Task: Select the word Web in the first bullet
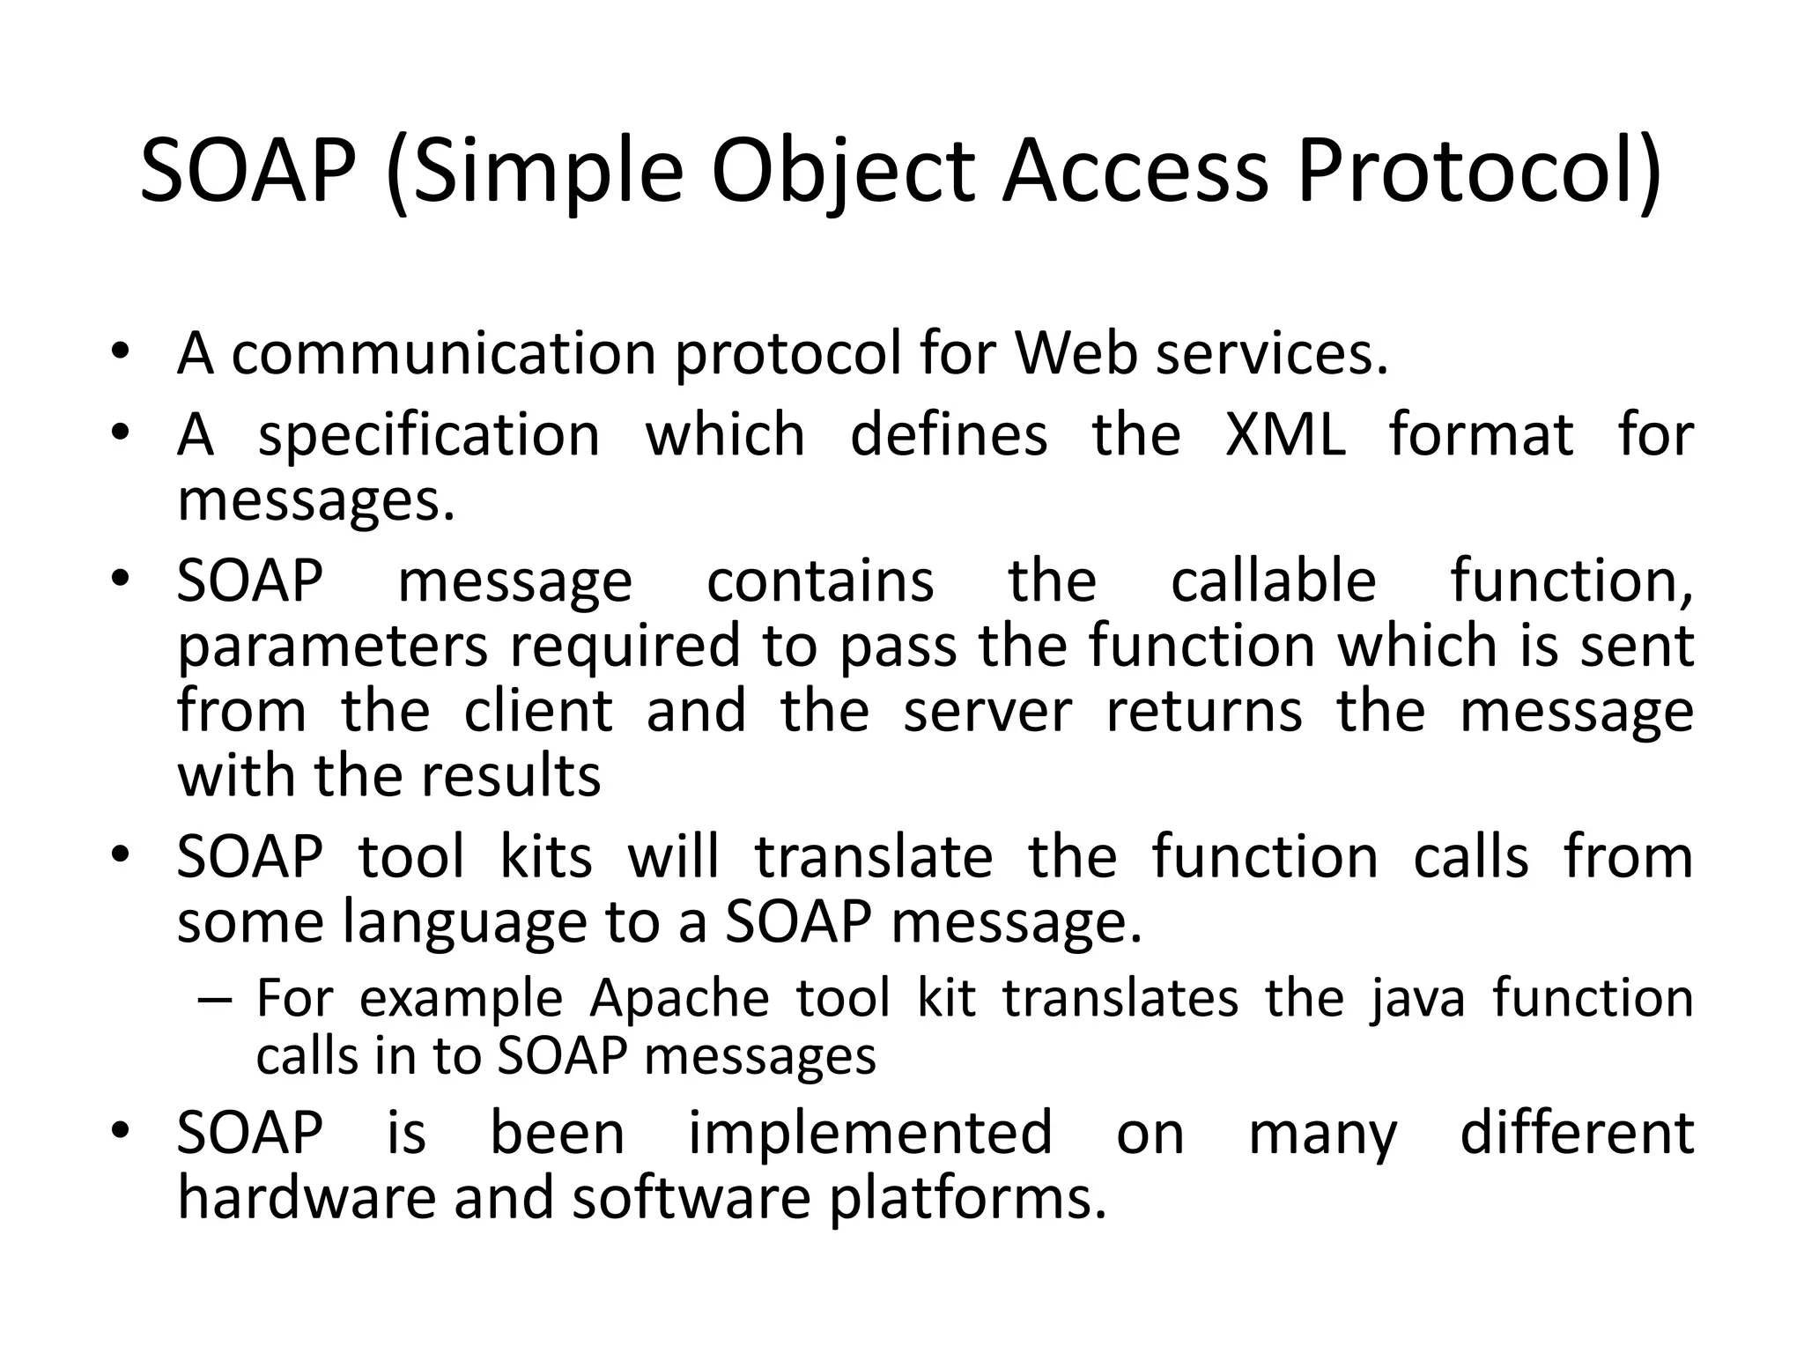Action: tap(1076, 353)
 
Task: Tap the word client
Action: tap(538, 711)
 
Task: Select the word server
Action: tap(987, 713)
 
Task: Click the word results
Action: tap(511, 776)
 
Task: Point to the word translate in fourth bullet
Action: tap(874, 856)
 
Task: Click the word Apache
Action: tap(678, 999)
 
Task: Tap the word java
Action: tap(1417, 1001)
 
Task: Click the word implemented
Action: tap(870, 1134)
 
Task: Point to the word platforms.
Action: tap(967, 1201)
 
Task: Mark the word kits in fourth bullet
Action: tap(546, 856)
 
